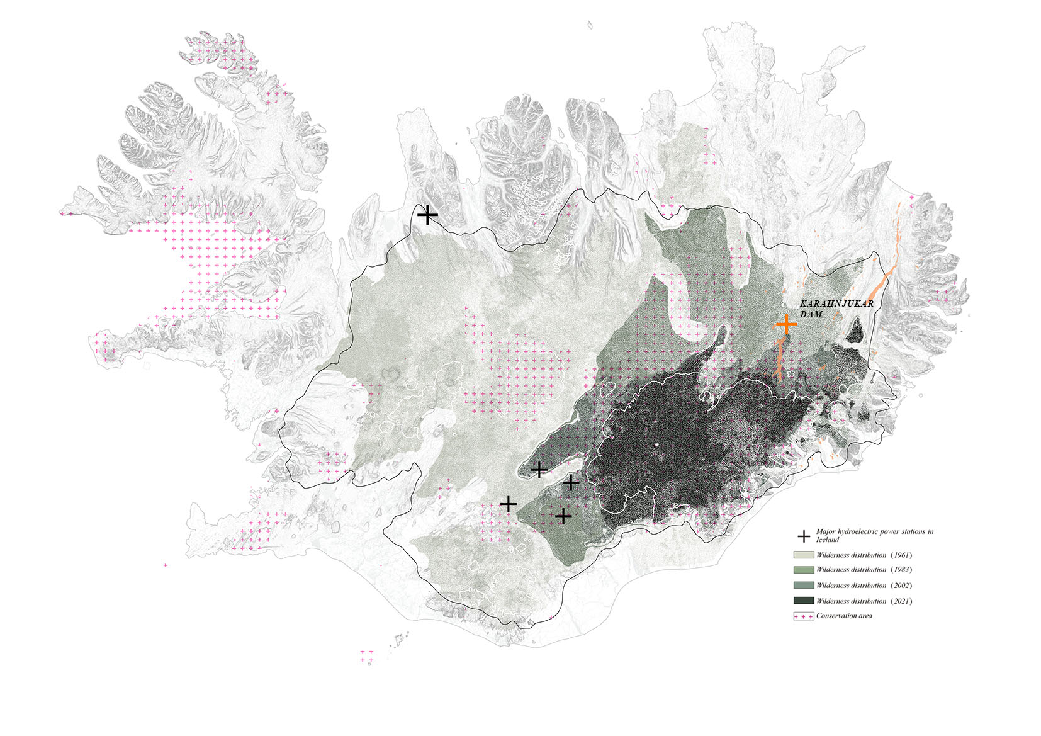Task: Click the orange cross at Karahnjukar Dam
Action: click(x=785, y=324)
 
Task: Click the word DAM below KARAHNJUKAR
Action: click(x=811, y=314)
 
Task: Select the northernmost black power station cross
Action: click(x=427, y=215)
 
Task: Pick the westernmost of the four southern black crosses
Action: click(x=508, y=504)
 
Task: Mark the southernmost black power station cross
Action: click(x=563, y=516)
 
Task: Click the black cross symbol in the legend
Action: click(x=804, y=536)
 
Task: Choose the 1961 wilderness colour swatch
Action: click(x=804, y=555)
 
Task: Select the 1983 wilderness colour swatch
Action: click(x=804, y=569)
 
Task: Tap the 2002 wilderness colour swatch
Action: click(x=804, y=585)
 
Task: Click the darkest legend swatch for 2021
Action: click(x=804, y=601)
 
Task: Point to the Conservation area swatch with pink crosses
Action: click(x=804, y=616)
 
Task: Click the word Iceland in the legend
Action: click(x=827, y=540)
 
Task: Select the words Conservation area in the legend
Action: click(x=844, y=616)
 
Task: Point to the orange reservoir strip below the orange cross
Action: click(x=779, y=359)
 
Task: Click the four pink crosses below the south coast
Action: click(x=366, y=655)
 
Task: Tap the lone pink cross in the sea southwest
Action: click(x=165, y=565)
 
